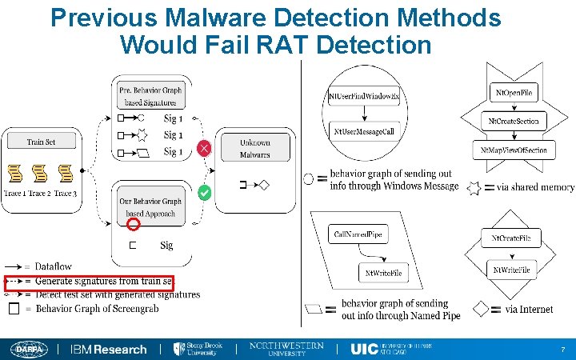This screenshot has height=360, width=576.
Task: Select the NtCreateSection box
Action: point(514,122)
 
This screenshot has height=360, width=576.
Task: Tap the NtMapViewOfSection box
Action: point(514,150)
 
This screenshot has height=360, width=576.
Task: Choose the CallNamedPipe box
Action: point(359,234)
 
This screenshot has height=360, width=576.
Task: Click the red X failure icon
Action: point(205,148)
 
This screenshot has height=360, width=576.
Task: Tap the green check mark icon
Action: point(205,193)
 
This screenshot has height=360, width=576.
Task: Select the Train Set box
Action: point(41,142)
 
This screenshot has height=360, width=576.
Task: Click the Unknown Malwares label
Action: point(256,148)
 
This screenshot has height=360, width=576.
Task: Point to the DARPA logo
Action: point(30,349)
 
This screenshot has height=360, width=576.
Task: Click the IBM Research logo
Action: point(108,349)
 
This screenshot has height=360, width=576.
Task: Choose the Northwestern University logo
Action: point(286,349)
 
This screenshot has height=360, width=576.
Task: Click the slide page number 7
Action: point(563,350)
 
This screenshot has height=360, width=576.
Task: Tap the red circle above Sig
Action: point(134,225)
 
